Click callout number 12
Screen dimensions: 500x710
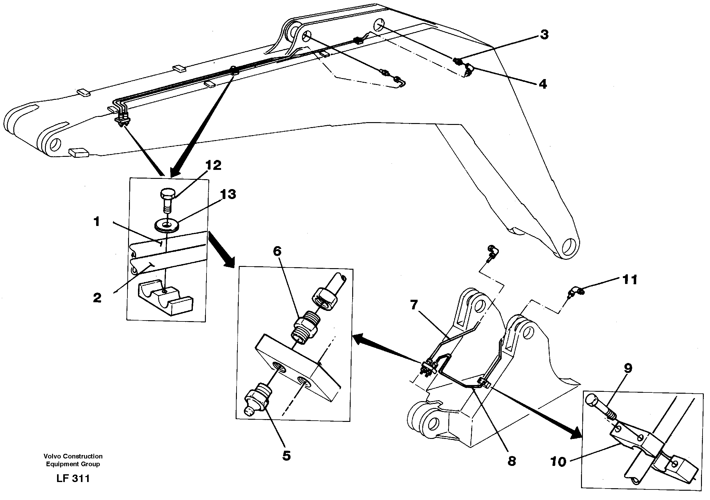click(x=213, y=166)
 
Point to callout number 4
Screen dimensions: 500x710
click(x=543, y=84)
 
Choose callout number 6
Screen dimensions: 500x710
click(x=277, y=251)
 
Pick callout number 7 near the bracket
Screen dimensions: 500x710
click(x=414, y=305)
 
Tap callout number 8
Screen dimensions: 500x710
click(x=512, y=461)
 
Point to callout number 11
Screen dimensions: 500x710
click(x=629, y=280)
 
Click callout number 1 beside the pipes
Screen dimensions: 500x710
click(x=97, y=222)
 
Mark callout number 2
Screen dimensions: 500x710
click(x=97, y=298)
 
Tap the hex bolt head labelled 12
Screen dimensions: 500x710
click(x=166, y=195)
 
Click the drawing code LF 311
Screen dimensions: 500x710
click(x=73, y=478)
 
